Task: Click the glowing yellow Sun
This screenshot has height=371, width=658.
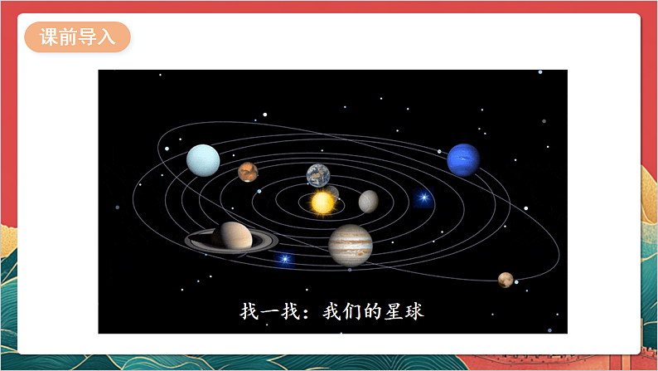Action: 321,201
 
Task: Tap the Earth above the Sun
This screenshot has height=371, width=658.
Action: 318,175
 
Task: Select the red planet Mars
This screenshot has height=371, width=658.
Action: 248,172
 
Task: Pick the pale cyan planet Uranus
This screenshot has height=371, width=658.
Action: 203,160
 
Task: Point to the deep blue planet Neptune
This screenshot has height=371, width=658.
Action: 463,160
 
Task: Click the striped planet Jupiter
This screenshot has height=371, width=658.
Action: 351,244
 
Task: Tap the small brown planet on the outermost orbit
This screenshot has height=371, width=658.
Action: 506,280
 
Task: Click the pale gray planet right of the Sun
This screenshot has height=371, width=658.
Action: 369,201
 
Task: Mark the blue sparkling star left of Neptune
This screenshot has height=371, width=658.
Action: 423,198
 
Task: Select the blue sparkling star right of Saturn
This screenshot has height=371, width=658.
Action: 285,259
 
